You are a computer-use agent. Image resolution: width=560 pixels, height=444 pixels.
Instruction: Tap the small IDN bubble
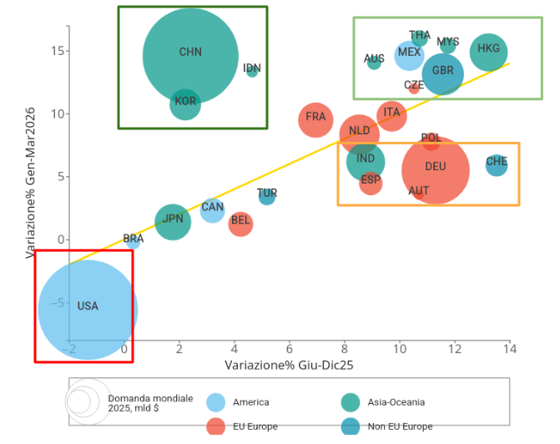pos(252,71)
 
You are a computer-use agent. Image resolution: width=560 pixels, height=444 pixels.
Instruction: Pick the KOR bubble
pos(185,104)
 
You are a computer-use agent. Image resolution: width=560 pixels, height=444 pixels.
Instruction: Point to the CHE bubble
pos(496,164)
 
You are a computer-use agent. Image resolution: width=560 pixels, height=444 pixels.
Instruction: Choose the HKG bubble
pos(488,52)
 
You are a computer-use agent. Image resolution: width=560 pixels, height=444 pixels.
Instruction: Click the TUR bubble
pos(267,196)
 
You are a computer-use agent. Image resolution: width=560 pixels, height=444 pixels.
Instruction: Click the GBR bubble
pos(442,73)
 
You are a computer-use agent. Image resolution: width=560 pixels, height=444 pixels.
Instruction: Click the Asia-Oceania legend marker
pos(354,401)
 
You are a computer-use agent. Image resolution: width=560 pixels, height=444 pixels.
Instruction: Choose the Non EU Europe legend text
pos(400,426)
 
